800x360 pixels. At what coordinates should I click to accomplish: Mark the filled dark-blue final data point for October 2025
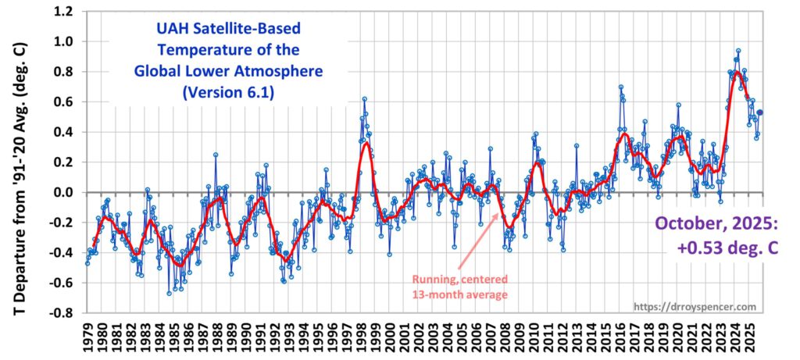coord(760,112)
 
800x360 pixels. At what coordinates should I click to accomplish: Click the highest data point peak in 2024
coord(737,51)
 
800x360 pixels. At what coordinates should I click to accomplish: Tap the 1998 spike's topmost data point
coord(364,99)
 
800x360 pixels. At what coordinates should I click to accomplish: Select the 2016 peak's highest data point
coord(620,87)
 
